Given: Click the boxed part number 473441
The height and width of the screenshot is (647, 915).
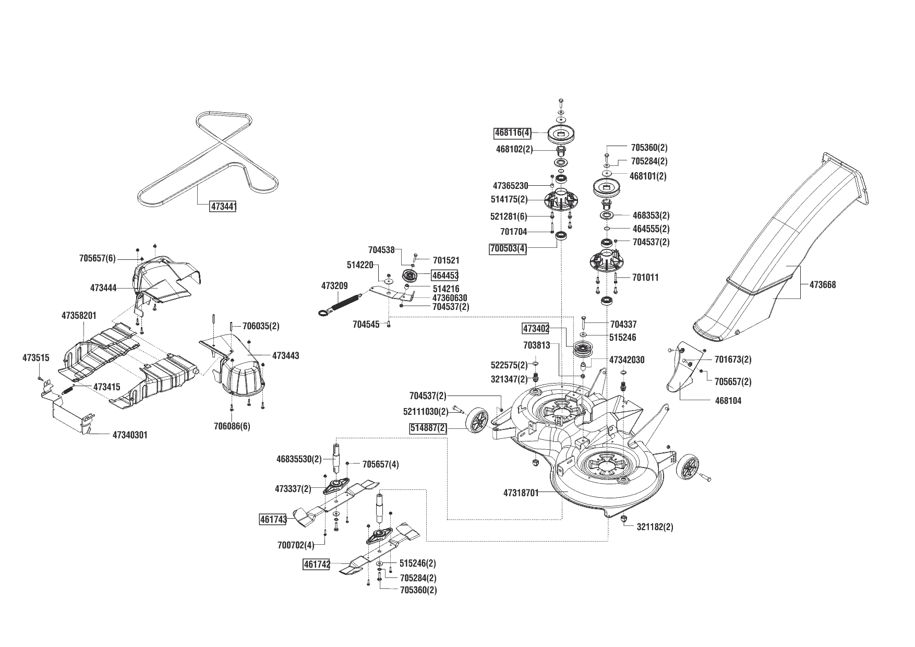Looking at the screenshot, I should pyautogui.click(x=223, y=206).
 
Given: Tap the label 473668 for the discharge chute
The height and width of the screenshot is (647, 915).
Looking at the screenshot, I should pyautogui.click(x=823, y=285).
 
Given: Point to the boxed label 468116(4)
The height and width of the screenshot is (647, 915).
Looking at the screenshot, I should pyautogui.click(x=513, y=133).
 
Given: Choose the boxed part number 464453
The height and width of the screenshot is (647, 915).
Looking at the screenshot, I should pyautogui.click(x=444, y=275).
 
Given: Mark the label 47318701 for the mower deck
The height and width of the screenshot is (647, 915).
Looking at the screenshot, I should pyautogui.click(x=521, y=492).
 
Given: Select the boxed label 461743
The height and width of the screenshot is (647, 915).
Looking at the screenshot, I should pyautogui.click(x=273, y=520).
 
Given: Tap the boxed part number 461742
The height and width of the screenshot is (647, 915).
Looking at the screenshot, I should pyautogui.click(x=317, y=565).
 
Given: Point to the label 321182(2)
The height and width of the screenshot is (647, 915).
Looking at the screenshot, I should pyautogui.click(x=655, y=527).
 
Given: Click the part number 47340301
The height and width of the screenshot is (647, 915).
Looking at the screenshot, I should pyautogui.click(x=130, y=435).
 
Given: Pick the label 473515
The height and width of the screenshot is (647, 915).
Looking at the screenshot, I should pyautogui.click(x=36, y=358).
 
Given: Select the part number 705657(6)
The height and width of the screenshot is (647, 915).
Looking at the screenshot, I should pyautogui.click(x=98, y=258).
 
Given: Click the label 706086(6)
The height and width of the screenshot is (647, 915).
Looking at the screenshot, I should pyautogui.click(x=232, y=426).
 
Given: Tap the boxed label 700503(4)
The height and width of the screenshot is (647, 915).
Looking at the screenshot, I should pyautogui.click(x=508, y=249).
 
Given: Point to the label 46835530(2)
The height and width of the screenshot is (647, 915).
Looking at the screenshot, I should pyautogui.click(x=299, y=459).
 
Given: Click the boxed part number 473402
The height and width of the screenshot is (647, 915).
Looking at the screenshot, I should pyautogui.click(x=536, y=329).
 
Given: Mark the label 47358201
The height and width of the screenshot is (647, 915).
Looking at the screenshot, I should pyautogui.click(x=79, y=316).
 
